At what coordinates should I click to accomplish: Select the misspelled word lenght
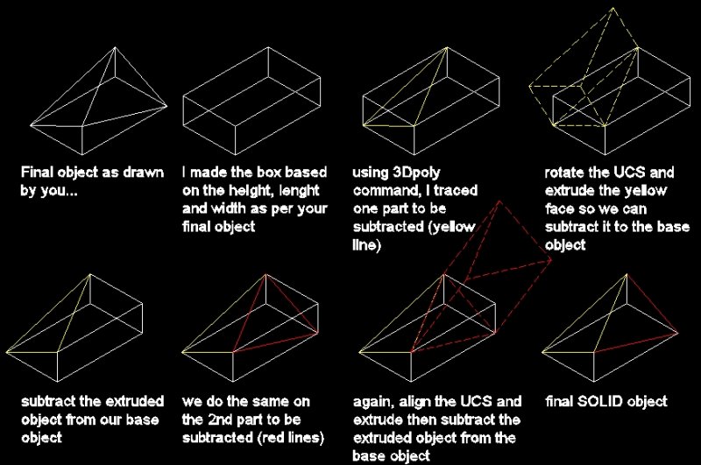point(299,191)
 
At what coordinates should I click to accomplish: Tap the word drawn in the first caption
point(144,173)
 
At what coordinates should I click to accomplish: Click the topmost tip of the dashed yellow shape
point(612,8)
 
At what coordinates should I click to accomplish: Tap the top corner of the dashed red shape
point(499,202)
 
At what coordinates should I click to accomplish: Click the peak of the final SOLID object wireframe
point(627,274)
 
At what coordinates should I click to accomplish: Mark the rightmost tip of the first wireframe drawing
point(166,106)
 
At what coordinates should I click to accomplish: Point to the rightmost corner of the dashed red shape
point(551,260)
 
